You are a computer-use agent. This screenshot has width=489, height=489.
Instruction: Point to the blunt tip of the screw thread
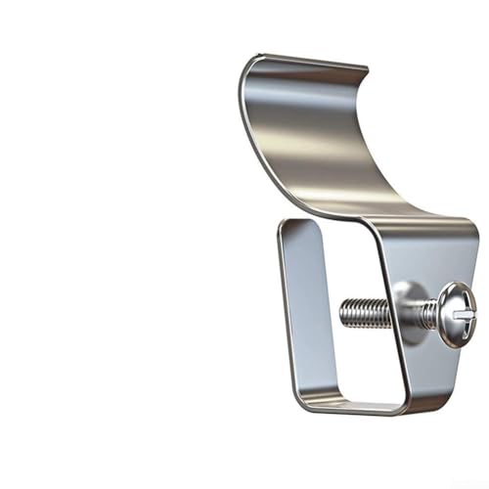(x=343, y=313)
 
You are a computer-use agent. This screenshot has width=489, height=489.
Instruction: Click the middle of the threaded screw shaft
(x=372, y=313)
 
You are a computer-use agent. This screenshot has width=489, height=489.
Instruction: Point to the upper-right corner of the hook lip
(x=366, y=70)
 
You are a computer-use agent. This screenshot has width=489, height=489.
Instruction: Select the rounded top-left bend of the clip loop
(x=286, y=227)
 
